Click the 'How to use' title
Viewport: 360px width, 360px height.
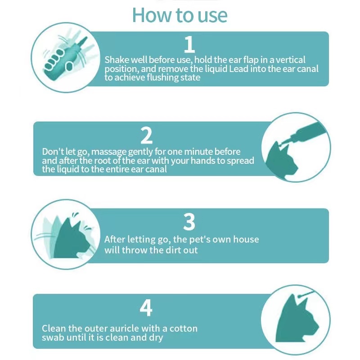[x=180, y=15]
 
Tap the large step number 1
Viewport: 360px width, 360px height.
[x=189, y=44]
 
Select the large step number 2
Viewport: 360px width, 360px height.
[x=147, y=135]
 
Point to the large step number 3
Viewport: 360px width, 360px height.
[x=189, y=222]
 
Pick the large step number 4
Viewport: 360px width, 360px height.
[x=146, y=308]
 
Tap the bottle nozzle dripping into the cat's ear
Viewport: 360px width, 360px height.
[x=303, y=133]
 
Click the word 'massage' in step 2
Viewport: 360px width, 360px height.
[x=108, y=152]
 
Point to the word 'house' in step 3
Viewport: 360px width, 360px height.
[x=246, y=239]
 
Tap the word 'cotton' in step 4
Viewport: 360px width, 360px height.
[x=183, y=328]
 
